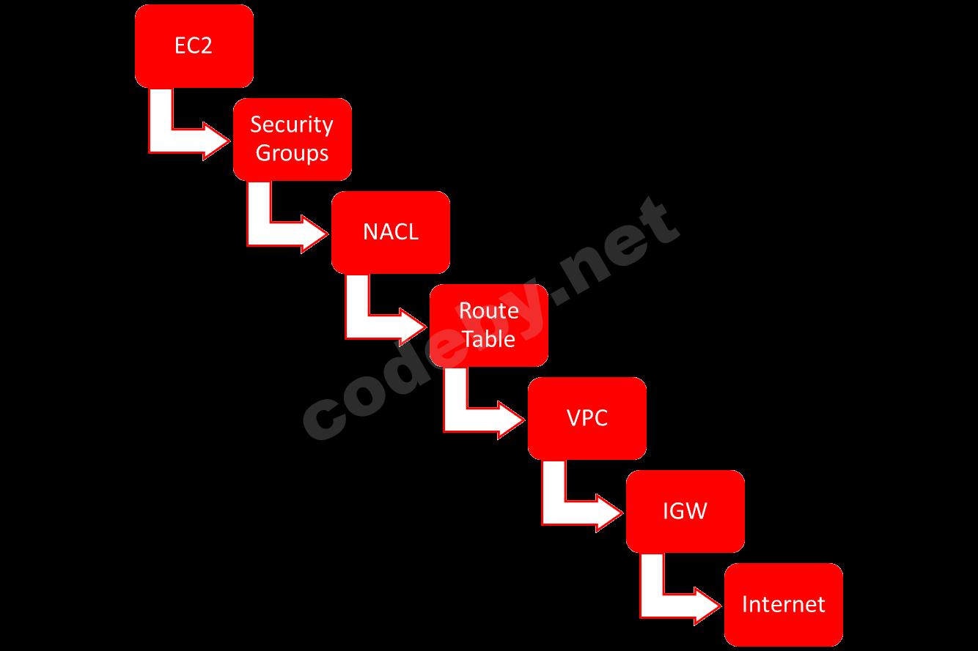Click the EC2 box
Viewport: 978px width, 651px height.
tap(194, 45)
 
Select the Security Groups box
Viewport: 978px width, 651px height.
tap(292, 139)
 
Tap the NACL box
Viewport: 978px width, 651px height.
tap(391, 232)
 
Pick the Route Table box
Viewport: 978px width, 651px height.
tap(489, 325)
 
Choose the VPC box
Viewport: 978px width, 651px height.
tap(587, 418)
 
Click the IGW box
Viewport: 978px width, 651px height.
tap(685, 511)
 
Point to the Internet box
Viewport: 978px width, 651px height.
tap(784, 604)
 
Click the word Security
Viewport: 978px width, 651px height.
tap(292, 125)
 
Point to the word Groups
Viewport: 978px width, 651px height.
tap(292, 154)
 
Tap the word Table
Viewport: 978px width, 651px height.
tap(489, 339)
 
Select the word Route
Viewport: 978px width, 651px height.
tap(489, 311)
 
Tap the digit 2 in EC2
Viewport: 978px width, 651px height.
tap(207, 45)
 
